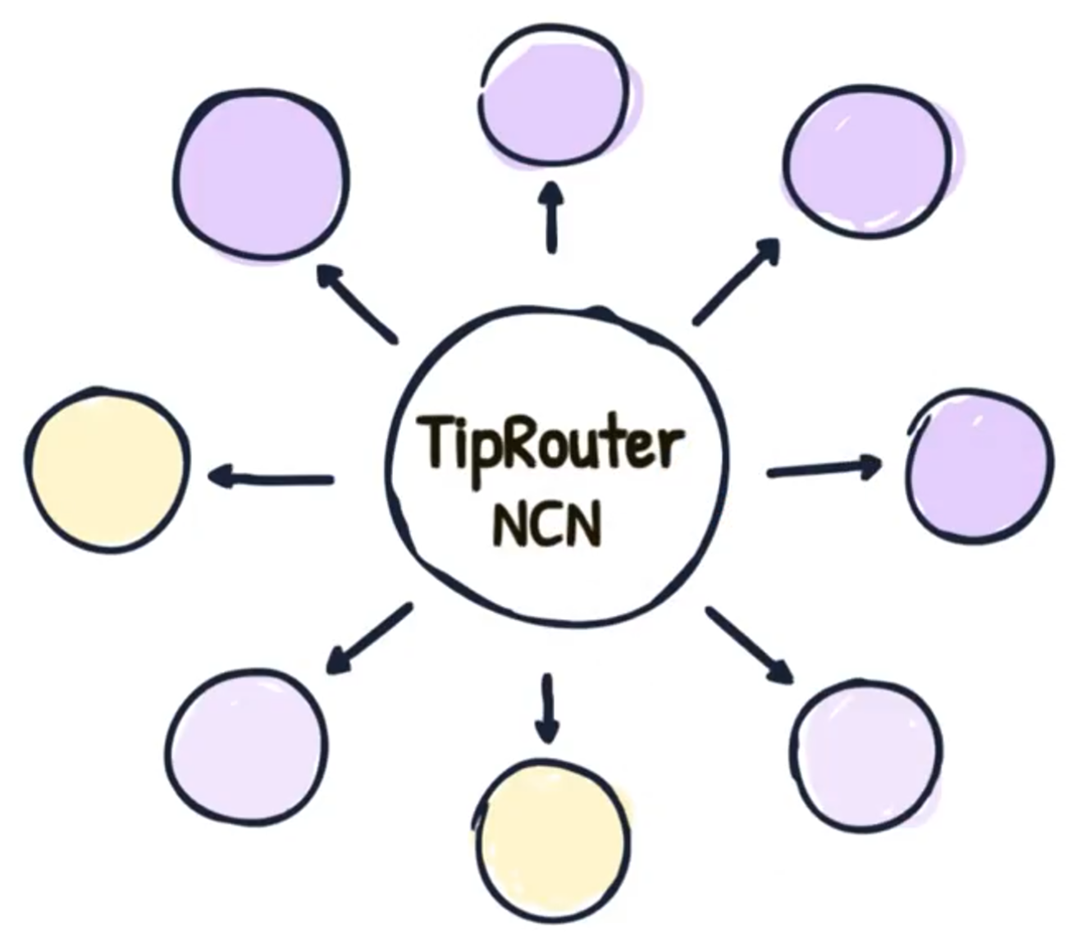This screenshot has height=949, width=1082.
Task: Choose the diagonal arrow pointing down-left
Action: point(368,639)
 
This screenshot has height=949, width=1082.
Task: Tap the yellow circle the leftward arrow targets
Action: point(107,468)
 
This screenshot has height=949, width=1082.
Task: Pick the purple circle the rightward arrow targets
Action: point(979,464)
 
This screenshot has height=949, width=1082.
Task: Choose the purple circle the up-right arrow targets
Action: point(867,166)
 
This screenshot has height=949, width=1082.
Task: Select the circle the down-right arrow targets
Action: point(866,751)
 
